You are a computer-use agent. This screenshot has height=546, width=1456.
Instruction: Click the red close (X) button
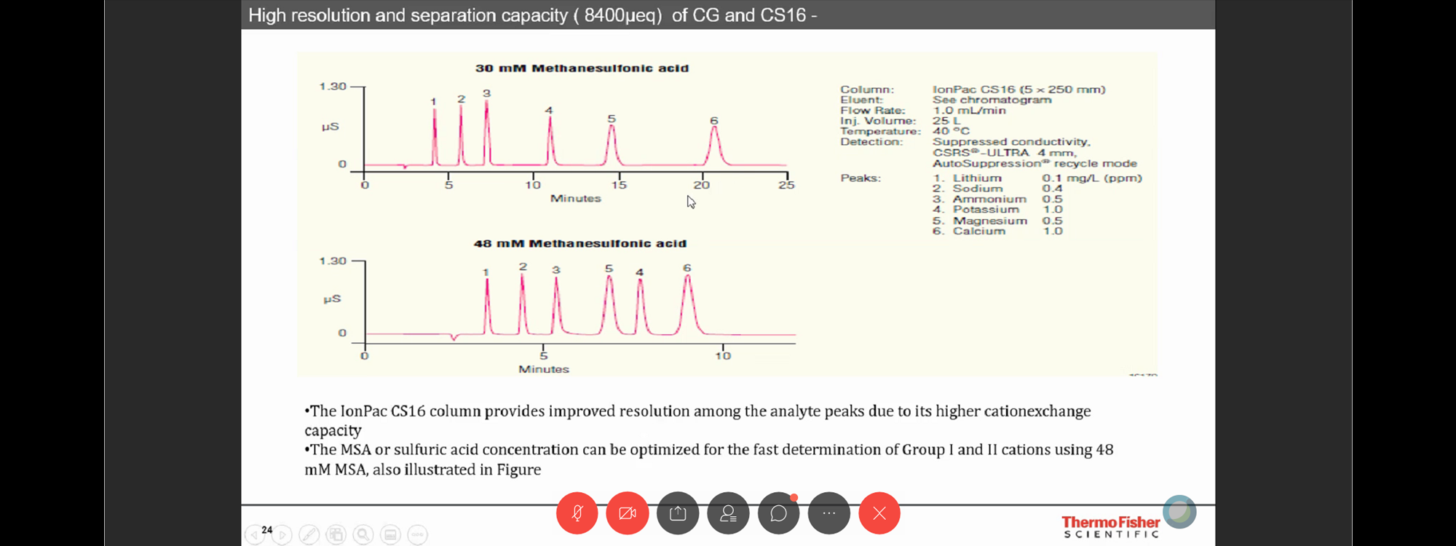[x=879, y=513]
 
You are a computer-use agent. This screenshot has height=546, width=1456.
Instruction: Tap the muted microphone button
[x=577, y=513]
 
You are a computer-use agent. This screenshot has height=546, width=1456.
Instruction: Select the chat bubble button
[x=778, y=513]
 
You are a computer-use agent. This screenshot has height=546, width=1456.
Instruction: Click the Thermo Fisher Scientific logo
[x=1110, y=526]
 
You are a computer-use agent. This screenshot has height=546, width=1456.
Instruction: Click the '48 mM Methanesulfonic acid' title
[x=580, y=244]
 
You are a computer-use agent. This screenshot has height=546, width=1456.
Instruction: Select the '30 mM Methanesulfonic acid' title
[x=582, y=68]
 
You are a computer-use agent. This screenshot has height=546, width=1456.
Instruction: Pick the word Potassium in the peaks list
[x=986, y=210]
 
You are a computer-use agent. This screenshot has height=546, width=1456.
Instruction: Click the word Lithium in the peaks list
[x=977, y=178]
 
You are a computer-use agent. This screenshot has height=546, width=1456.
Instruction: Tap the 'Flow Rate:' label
[x=871, y=111]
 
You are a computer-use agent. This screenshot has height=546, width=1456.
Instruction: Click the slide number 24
[x=267, y=530]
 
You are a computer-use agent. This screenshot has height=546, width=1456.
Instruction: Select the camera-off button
[x=627, y=513]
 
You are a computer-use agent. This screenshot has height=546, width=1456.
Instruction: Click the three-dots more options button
[x=829, y=513]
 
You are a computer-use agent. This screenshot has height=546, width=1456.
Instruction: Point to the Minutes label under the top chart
[x=576, y=199]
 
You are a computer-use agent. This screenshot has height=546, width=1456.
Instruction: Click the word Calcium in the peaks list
[x=979, y=232]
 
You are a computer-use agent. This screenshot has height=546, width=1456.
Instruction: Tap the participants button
[x=728, y=513]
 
